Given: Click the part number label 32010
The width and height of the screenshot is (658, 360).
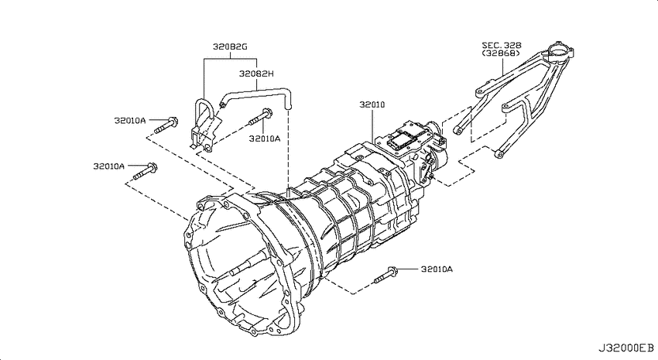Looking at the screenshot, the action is point(372,105).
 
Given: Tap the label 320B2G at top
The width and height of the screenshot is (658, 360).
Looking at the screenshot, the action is point(230,46).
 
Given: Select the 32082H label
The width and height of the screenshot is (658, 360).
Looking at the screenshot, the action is point(256,74).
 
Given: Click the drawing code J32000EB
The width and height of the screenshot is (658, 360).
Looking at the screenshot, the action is point(625,348).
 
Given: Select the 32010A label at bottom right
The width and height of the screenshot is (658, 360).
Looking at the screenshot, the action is point(437,269).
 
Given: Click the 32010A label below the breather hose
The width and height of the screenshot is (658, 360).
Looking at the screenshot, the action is point(265,139).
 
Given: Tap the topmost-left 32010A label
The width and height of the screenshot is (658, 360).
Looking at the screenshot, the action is point(130,121).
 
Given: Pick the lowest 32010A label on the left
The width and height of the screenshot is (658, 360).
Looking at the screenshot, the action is point(109,166).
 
